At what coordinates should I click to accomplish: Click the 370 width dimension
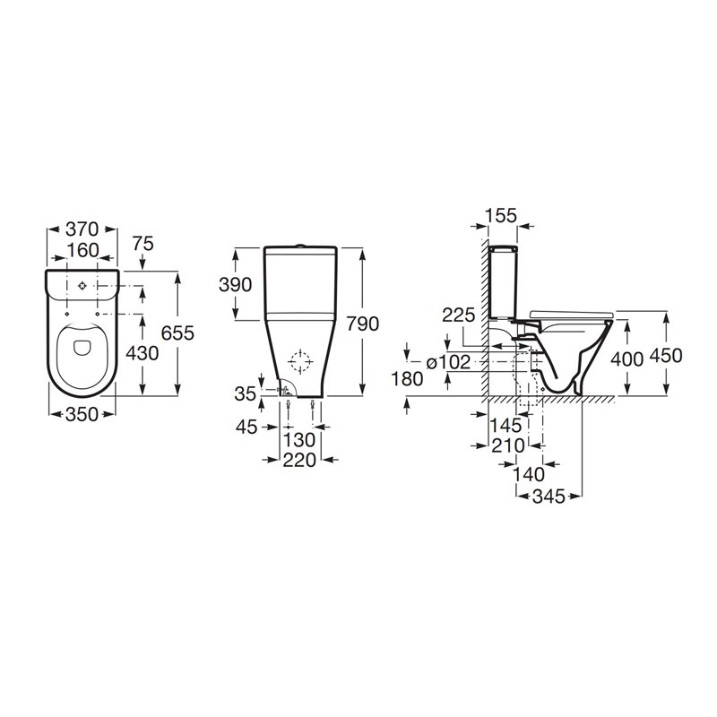pos(82,229)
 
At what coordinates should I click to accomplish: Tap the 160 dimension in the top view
pos(82,250)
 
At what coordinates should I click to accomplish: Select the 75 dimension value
pos(143,244)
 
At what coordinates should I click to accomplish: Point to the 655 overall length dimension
pos(177,333)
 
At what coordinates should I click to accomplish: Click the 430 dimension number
pos(143,352)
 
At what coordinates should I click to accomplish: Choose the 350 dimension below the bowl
pos(82,414)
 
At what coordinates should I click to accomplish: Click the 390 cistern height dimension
pos(235,284)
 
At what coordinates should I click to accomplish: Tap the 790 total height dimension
pos(362,324)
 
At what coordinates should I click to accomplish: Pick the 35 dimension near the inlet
pos(245,393)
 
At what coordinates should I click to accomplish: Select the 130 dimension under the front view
pos(299,440)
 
